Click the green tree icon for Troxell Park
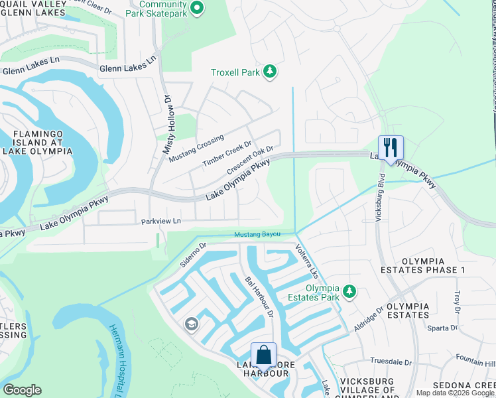coord(270,72)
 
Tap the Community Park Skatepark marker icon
coord(197,8)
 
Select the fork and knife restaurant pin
coord(390,147)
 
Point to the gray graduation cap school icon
coord(191,324)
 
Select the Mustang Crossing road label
coord(196,149)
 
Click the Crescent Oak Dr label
coord(250,161)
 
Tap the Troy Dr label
coord(456,300)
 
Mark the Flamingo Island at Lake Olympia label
coord(42,142)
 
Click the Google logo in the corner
coord(22,389)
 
